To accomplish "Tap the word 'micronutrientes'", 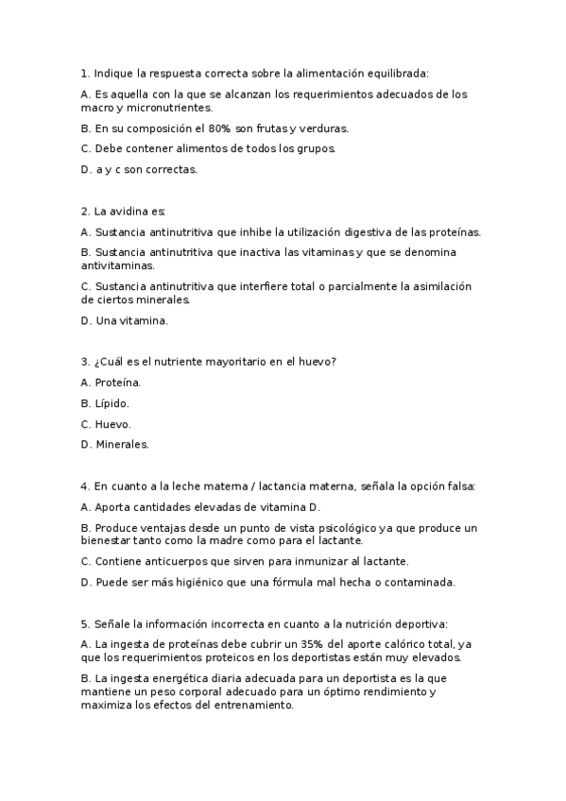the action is tap(164, 108).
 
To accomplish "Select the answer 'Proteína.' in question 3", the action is tap(117, 382).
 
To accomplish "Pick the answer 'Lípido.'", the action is tap(112, 402).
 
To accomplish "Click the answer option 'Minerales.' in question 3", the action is tap(122, 444).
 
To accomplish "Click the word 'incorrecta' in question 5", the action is tap(220, 623).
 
